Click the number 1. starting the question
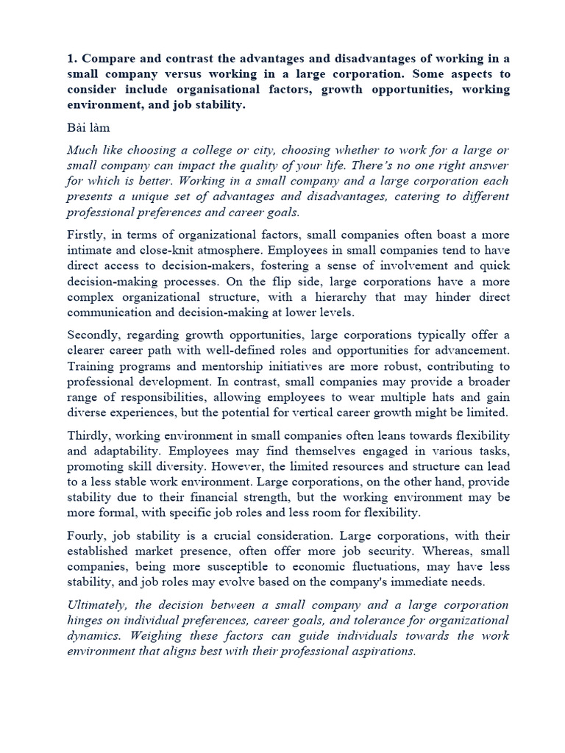point(72,60)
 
